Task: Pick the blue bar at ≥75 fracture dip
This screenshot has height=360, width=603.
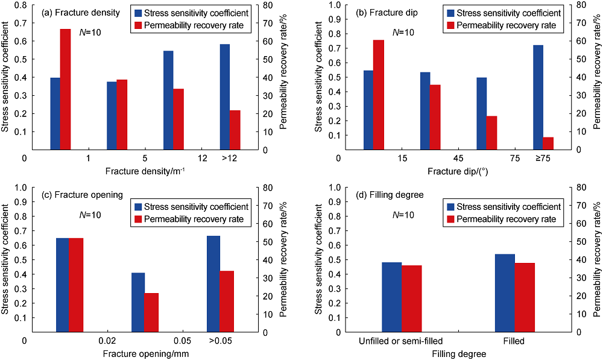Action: click(x=538, y=97)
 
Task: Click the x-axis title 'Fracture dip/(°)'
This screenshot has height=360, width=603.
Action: click(x=458, y=171)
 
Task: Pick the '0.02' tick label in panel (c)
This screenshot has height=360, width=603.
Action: click(x=107, y=341)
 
